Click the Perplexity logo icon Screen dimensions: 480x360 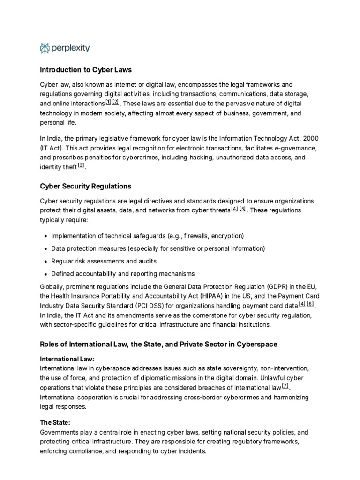tap(45, 48)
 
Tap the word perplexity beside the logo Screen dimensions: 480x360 tap(71, 48)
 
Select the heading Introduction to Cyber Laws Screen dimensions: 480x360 tap(86, 70)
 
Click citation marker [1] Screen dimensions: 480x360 tap(108, 102)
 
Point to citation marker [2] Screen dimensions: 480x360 tap(116, 102)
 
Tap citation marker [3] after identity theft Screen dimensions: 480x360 tap(81, 165)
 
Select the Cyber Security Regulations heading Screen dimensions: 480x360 tap(85, 186)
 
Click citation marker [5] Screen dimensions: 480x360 tap(242, 209)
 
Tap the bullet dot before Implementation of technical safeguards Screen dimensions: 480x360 tap(45, 236)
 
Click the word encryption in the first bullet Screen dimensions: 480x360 tap(227, 235)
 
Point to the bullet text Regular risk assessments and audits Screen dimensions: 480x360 tap(104, 261)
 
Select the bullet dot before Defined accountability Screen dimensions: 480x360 tap(45, 274)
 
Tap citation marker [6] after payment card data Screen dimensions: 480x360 tap(310, 304)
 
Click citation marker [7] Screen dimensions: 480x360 tap(285, 386)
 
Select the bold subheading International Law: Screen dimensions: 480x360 tap(62, 359)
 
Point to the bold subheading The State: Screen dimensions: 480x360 tap(55, 422)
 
